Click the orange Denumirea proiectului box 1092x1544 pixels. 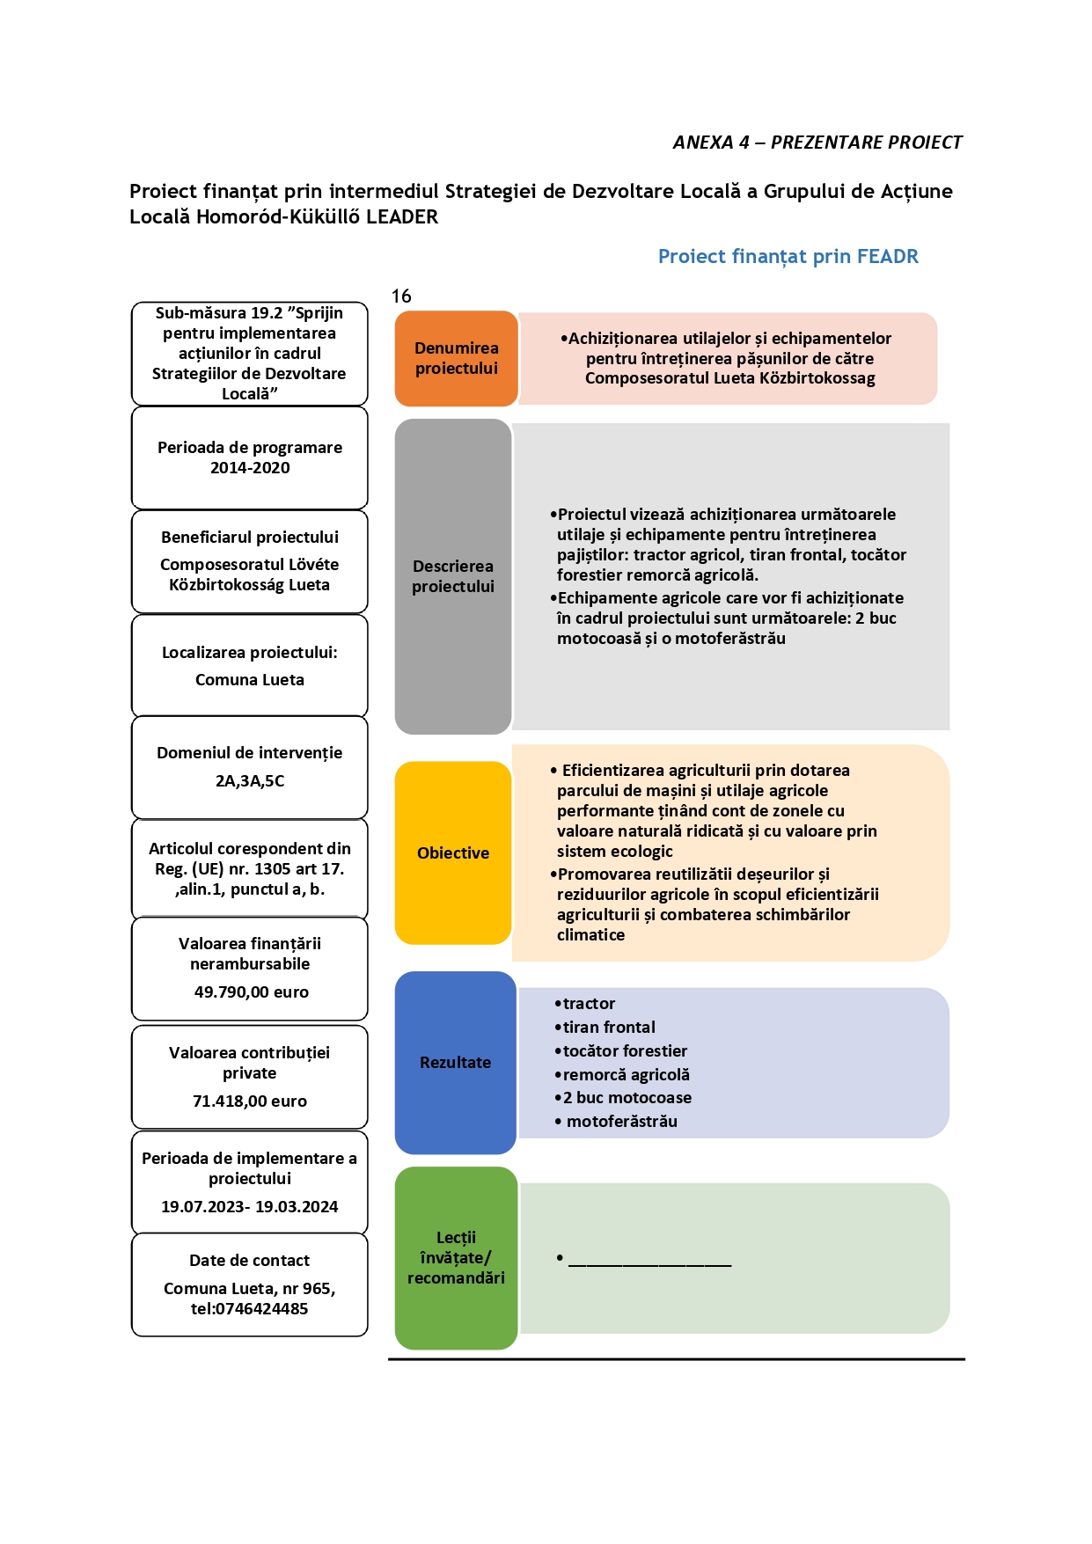456,358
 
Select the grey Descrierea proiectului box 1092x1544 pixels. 453,576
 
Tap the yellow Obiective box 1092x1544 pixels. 453,852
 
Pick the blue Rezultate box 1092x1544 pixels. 455,1062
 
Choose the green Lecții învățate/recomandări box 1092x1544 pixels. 456,1258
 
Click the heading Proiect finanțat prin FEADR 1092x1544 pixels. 788,256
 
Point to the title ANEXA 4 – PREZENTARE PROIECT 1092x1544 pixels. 817,143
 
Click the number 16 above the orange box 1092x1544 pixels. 401,296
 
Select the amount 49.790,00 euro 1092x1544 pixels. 251,992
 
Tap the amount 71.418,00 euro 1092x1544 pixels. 250,1101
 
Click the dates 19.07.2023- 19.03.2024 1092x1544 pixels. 250,1206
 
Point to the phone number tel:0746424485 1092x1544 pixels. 250,1308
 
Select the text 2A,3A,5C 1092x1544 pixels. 250,780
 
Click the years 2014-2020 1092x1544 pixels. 250,467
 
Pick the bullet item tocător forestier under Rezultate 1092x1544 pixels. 625,1050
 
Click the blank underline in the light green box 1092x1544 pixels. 650,1265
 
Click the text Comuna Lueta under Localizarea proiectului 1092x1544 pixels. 250,679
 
